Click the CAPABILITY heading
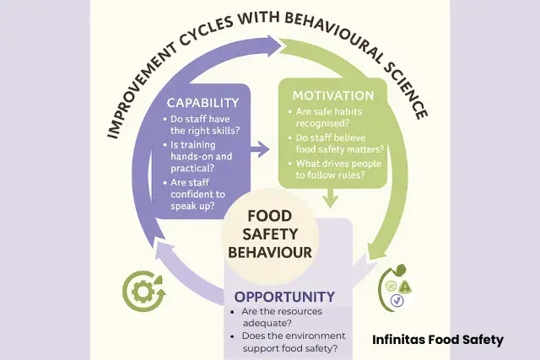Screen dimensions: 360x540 click(x=203, y=103)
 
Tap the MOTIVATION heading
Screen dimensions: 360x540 click(x=332, y=95)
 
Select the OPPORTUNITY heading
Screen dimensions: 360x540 click(x=284, y=296)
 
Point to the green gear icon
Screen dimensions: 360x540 click(x=140, y=291)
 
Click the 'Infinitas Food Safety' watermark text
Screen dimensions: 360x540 click(x=438, y=340)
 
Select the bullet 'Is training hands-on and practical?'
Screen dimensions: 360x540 click(x=208, y=158)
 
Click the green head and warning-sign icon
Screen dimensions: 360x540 click(x=396, y=287)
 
